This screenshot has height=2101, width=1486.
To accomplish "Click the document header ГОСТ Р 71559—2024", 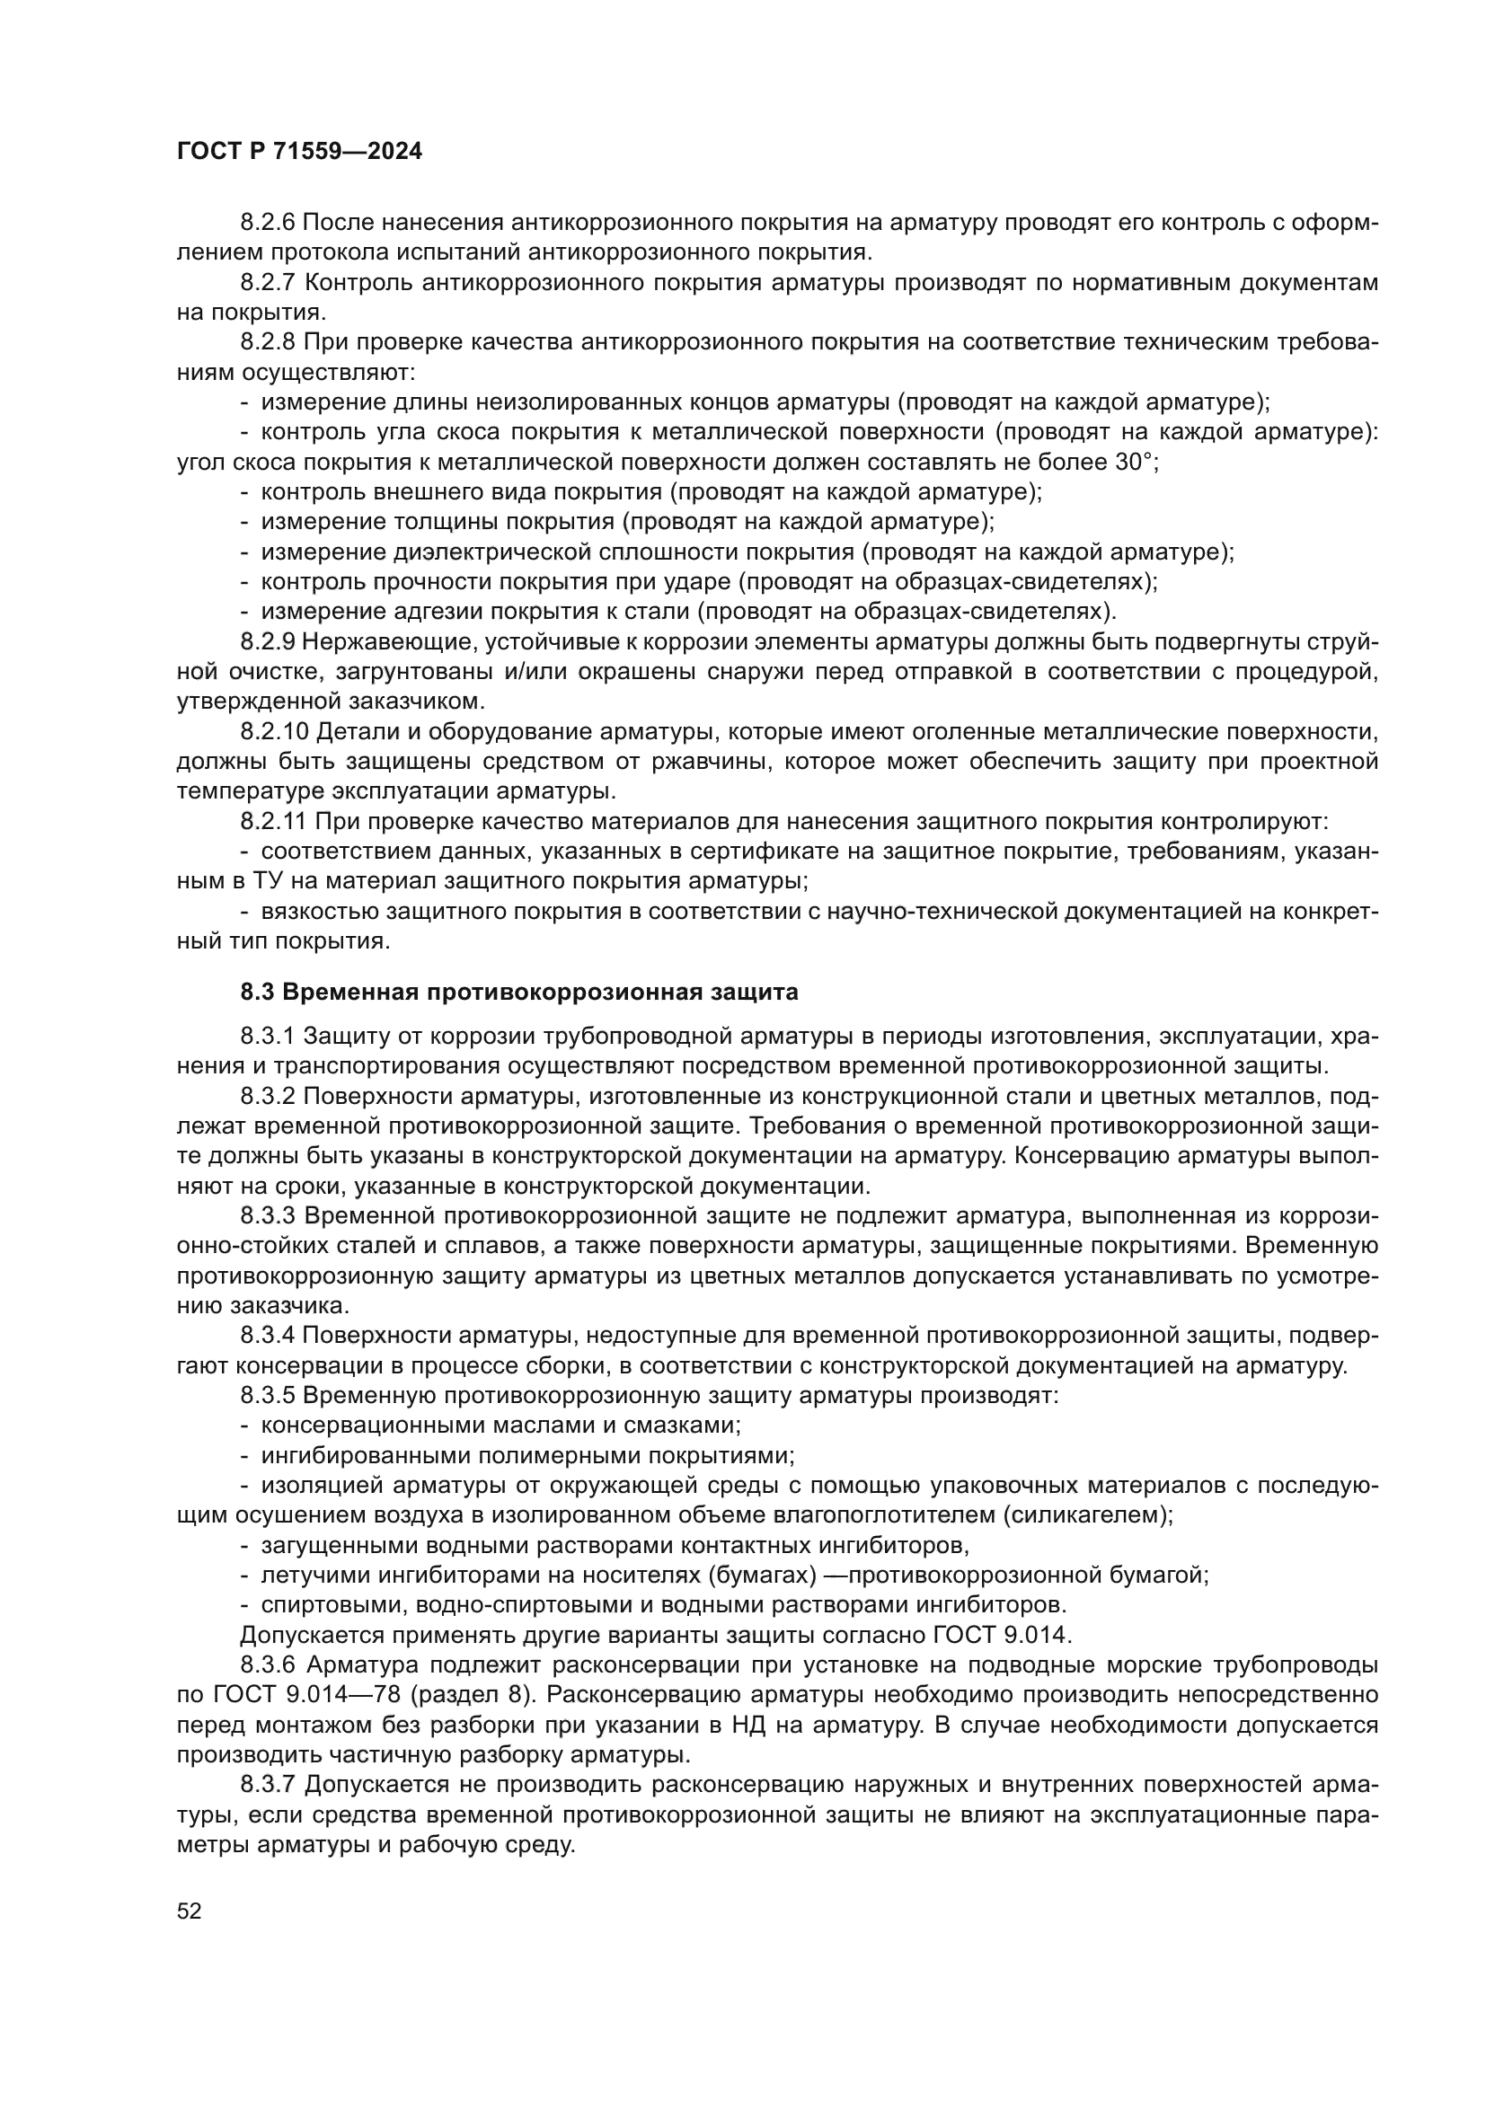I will coord(299,152).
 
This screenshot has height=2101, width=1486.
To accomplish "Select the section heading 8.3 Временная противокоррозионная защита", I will coord(518,992).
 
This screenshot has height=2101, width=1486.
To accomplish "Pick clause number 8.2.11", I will coord(274,822).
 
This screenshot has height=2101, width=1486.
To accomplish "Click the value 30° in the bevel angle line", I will coord(1136,462).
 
